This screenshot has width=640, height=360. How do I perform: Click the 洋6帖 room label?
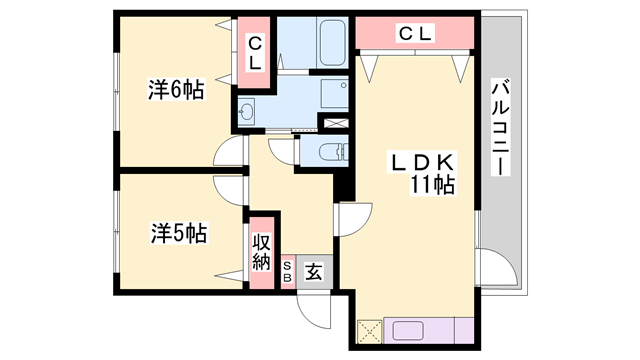click(x=176, y=90)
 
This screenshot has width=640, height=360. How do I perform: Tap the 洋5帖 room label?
click(x=180, y=233)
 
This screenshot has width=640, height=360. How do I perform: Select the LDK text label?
click(x=422, y=163)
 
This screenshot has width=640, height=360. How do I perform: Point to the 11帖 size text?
click(x=432, y=185)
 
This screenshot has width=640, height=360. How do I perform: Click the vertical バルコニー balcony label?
click(x=500, y=127)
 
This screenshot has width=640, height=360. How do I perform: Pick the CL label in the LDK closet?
click(x=415, y=33)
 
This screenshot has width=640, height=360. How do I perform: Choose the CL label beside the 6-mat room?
click(x=255, y=53)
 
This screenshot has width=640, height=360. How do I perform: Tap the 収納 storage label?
click(x=261, y=252)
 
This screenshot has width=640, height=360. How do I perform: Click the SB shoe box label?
click(x=287, y=272)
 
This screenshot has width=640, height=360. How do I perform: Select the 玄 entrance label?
click(x=314, y=272)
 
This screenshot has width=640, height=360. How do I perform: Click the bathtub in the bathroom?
click(x=332, y=43)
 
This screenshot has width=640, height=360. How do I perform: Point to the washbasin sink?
click(x=247, y=110)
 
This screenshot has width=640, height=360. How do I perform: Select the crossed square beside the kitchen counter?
click(x=370, y=331)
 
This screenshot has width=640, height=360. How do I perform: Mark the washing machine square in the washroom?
click(x=334, y=93)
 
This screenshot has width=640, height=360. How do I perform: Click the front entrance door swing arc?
click(x=313, y=312)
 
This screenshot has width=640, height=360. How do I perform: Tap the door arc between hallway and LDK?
click(x=354, y=220)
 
